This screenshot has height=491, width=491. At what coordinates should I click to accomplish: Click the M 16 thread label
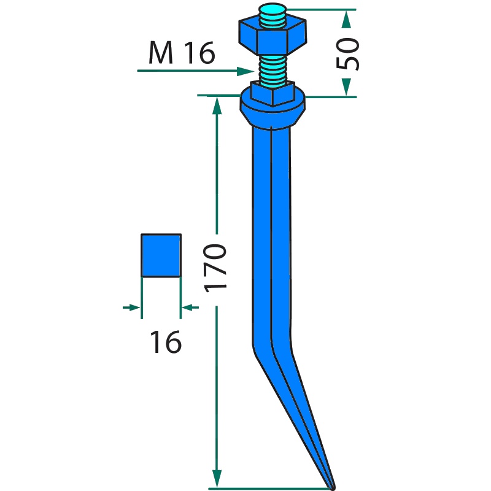(x=182, y=53)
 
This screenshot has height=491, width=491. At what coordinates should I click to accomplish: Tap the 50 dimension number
(x=347, y=53)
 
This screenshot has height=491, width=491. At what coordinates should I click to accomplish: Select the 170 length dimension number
(x=215, y=268)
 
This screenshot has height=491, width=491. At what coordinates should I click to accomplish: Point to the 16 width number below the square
(x=166, y=342)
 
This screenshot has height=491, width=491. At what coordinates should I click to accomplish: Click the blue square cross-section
(x=161, y=255)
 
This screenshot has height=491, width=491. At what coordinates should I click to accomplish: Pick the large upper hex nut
(x=273, y=36)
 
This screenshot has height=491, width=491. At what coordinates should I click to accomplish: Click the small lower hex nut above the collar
(x=273, y=93)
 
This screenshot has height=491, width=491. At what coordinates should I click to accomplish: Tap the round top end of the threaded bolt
(x=273, y=9)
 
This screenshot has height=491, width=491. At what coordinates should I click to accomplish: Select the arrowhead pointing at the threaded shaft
(x=245, y=71)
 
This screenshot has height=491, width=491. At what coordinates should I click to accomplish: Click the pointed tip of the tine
(x=333, y=487)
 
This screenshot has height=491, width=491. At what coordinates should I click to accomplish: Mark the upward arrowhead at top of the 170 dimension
(x=217, y=106)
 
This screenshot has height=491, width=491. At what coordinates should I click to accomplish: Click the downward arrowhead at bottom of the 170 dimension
(x=217, y=479)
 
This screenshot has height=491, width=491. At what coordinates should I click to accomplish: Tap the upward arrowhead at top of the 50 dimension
(x=346, y=19)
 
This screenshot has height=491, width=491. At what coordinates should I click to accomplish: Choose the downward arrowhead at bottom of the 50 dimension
(x=346, y=87)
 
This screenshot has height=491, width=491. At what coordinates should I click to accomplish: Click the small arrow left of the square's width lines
(x=131, y=307)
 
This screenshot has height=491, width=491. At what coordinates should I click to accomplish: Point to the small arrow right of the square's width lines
(x=190, y=307)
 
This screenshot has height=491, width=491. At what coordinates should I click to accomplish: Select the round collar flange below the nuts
(x=273, y=110)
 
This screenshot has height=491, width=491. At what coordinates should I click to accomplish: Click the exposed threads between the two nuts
(x=273, y=69)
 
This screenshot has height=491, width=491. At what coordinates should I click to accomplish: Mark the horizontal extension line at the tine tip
(x=269, y=489)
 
